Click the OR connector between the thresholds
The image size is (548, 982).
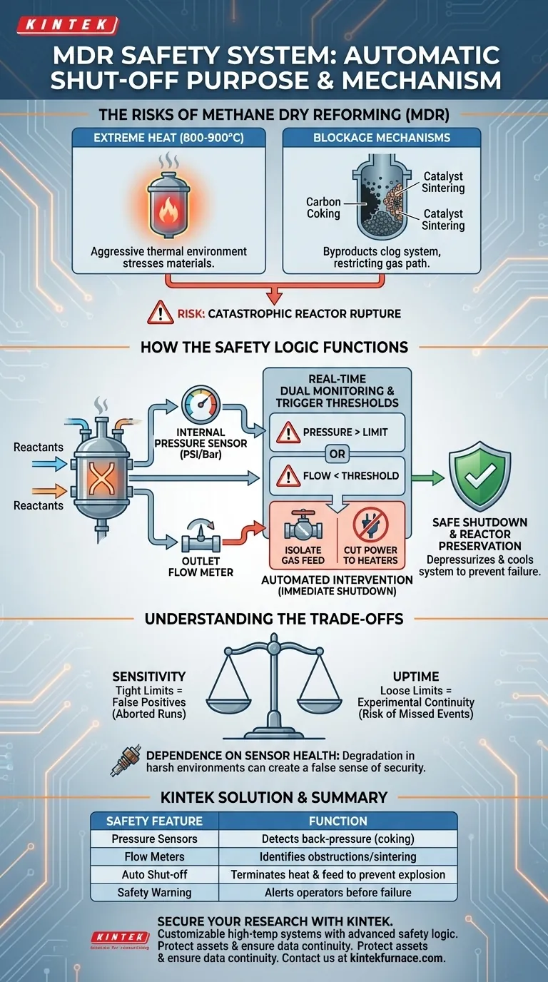(x=335, y=454)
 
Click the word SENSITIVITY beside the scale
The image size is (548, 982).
(x=148, y=675)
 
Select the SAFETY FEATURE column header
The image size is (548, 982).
(x=154, y=821)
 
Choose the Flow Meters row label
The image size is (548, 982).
(x=154, y=856)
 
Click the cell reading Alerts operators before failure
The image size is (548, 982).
(x=338, y=892)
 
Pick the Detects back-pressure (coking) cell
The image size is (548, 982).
(x=338, y=839)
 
